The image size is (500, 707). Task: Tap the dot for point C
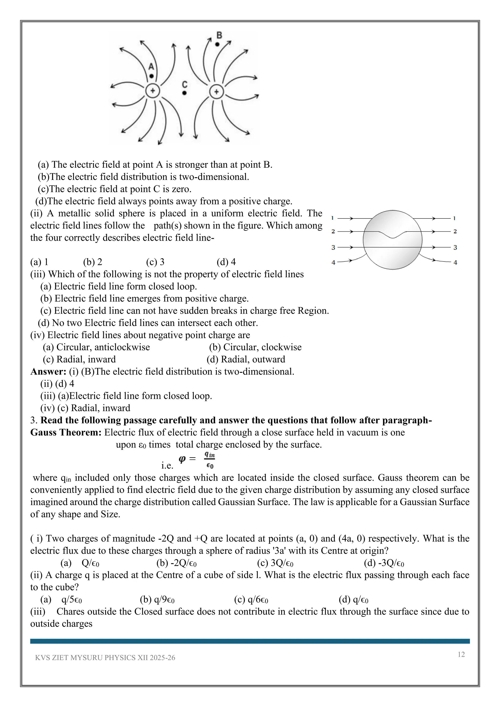pyautogui.click(x=184, y=93)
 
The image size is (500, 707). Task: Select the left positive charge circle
pyautogui.click(x=152, y=91)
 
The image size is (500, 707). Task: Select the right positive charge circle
pyautogui.click(x=217, y=92)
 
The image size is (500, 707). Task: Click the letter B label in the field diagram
pyautogui.click(x=219, y=35)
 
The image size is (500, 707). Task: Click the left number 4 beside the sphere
pyautogui.click(x=333, y=263)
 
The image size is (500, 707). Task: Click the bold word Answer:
pyautogui.click(x=48, y=372)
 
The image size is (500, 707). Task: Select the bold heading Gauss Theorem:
pyautogui.click(x=66, y=432)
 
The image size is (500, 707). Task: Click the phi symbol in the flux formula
pyautogui.click(x=182, y=459)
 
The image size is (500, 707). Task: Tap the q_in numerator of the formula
pyautogui.click(x=209, y=455)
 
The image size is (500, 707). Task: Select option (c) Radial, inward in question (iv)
pyautogui.click(x=79, y=359)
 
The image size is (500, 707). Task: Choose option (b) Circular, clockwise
pyautogui.click(x=255, y=347)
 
